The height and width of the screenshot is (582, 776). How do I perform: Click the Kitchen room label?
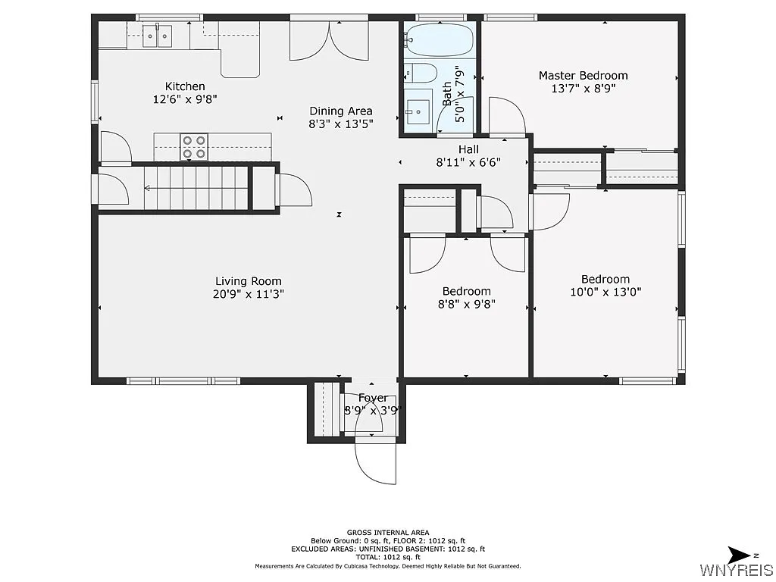(x=185, y=86)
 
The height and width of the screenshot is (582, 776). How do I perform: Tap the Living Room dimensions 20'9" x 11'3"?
(x=249, y=294)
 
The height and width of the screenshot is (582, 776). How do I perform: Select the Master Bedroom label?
(x=583, y=75)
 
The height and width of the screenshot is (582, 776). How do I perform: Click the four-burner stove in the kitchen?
(x=193, y=146)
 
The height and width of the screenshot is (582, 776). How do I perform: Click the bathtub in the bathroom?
(x=439, y=38)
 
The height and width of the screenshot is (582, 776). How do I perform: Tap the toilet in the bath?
(x=420, y=73)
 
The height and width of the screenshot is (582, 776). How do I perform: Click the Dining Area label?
(x=340, y=111)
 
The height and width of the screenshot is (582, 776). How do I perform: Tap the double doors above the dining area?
(x=328, y=41)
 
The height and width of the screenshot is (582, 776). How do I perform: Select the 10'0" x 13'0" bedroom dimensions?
(x=605, y=292)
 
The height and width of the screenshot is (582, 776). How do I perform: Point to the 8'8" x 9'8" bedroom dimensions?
(x=466, y=304)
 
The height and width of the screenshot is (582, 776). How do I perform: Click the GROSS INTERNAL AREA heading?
(x=387, y=532)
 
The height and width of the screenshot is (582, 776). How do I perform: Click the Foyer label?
(x=373, y=398)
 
